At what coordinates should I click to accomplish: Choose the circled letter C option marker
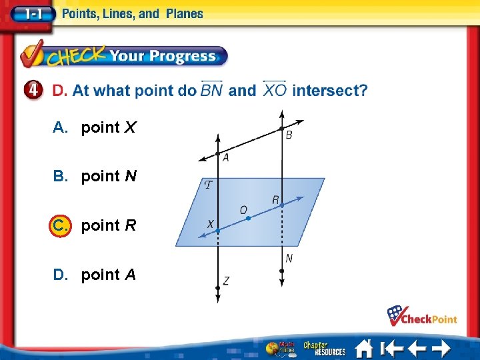pos(59,225)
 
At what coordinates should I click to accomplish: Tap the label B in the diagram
pos(289,135)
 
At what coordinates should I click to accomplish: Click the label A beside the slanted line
pos(226,158)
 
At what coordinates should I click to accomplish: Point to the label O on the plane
pos(243,210)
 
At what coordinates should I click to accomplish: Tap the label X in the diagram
pos(210,224)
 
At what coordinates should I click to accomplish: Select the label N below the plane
pos(289,258)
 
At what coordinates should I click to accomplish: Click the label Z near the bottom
pos(227,281)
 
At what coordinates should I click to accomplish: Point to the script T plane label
pos(209,185)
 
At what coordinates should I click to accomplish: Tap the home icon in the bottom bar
pos(363,348)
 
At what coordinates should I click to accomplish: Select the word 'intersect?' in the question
pos(329,90)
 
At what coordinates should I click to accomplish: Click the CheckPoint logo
pos(423,316)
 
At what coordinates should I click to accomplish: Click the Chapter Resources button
pos(325,348)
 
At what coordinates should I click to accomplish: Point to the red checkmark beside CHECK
pos(32,55)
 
